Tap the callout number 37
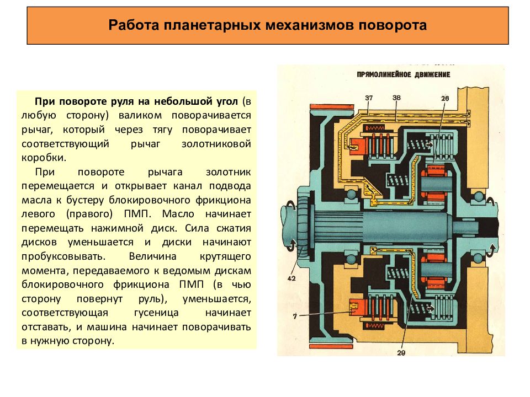point(369,98)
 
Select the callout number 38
point(396,98)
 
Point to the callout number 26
point(445,98)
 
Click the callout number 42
point(291,278)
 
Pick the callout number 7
point(295,316)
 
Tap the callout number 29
point(401,353)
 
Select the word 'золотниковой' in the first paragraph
point(216,144)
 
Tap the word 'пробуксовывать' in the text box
point(63,256)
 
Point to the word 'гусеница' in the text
point(156,313)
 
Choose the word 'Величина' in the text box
point(152,256)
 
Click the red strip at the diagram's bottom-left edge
point(327,347)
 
